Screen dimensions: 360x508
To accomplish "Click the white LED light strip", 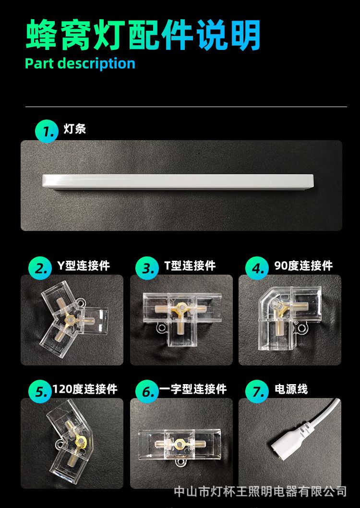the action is (178, 182).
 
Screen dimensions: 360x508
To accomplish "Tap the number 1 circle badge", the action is (47, 131).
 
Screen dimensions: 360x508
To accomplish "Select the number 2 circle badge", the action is (40, 268).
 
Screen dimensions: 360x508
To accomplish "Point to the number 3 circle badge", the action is (147, 268).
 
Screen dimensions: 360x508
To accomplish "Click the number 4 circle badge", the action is (257, 268).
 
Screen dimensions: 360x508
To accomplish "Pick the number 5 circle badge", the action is (40, 391).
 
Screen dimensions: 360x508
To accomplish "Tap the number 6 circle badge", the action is (147, 391).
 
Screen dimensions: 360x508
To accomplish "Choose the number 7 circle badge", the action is (257, 391).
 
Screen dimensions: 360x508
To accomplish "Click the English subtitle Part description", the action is (80, 63).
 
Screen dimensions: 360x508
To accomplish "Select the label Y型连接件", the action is (84, 266).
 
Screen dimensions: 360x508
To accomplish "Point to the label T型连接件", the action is (190, 266).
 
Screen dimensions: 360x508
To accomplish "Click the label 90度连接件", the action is (304, 266).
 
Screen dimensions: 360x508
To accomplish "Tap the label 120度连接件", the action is (85, 389).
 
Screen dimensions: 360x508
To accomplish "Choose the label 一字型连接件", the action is (193, 389).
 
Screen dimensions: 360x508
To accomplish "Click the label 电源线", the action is (291, 389).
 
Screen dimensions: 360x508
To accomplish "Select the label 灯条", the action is (75, 129).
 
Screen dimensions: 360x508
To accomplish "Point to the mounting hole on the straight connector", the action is (179, 462).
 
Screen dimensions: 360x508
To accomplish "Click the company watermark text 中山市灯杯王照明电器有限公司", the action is (260, 492).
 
